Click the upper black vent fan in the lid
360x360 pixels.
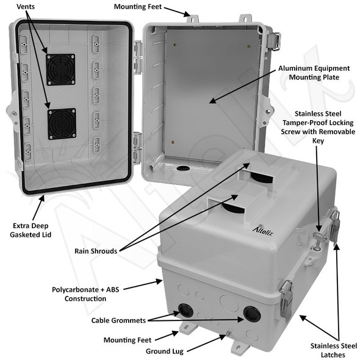pyautogui.click(x=60, y=69)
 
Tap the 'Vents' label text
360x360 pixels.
pyautogui.click(x=26, y=7)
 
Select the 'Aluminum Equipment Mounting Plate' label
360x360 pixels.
pyautogui.click(x=314, y=74)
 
